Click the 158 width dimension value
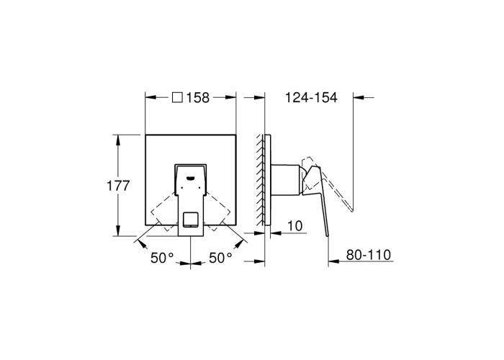coord(198,97)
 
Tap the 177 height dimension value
coord(118,186)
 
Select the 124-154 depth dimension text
coord(312,97)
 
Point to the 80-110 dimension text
coord(369,255)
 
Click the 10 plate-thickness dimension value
coord(294,225)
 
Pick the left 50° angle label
coord(162,258)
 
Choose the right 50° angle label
coord(220,258)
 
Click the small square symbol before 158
coord(177,97)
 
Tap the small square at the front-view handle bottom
coord(191,220)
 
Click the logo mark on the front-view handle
coord(191,177)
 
